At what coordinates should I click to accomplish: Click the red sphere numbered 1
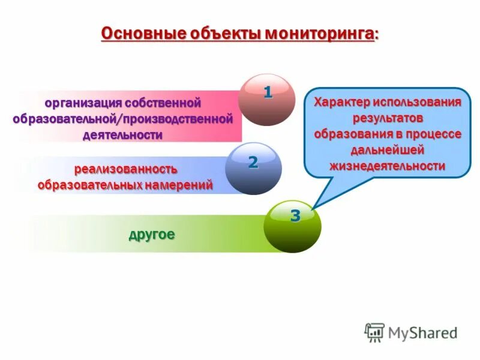[x=266, y=99]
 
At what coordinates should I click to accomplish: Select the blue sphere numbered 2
[x=253, y=168]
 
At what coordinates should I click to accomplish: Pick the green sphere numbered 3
[x=293, y=226]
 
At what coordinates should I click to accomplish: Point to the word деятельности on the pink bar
[x=122, y=134]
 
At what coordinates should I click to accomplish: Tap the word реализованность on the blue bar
[x=126, y=169]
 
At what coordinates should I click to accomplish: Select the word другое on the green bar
[x=152, y=234]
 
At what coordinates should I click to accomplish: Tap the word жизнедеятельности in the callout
[x=388, y=166]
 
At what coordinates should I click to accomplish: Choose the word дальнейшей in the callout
[x=388, y=149]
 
